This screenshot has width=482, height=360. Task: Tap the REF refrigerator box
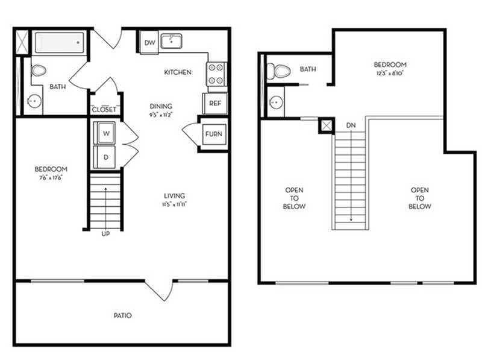[x=215, y=103]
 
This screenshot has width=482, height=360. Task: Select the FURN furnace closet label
[x=213, y=134]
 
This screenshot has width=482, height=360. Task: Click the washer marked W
[x=105, y=133]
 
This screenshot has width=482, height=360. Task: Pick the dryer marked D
[x=105, y=156]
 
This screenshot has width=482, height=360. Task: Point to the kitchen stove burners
[x=216, y=73]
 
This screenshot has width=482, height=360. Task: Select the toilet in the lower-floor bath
[x=38, y=71]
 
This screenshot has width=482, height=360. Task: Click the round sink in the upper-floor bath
[x=277, y=101]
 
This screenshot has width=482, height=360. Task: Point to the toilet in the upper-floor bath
[x=280, y=71]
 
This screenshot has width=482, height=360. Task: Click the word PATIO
[x=122, y=315]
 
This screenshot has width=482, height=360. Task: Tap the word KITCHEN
[x=178, y=72]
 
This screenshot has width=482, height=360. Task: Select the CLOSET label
[x=104, y=109]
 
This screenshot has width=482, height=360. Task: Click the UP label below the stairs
[x=105, y=234]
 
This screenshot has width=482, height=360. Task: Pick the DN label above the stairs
[x=351, y=125]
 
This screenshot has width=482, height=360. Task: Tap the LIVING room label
[x=174, y=195]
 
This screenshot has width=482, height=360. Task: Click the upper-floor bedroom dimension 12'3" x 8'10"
[x=390, y=73]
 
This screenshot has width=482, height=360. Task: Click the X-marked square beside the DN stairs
[x=327, y=125]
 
